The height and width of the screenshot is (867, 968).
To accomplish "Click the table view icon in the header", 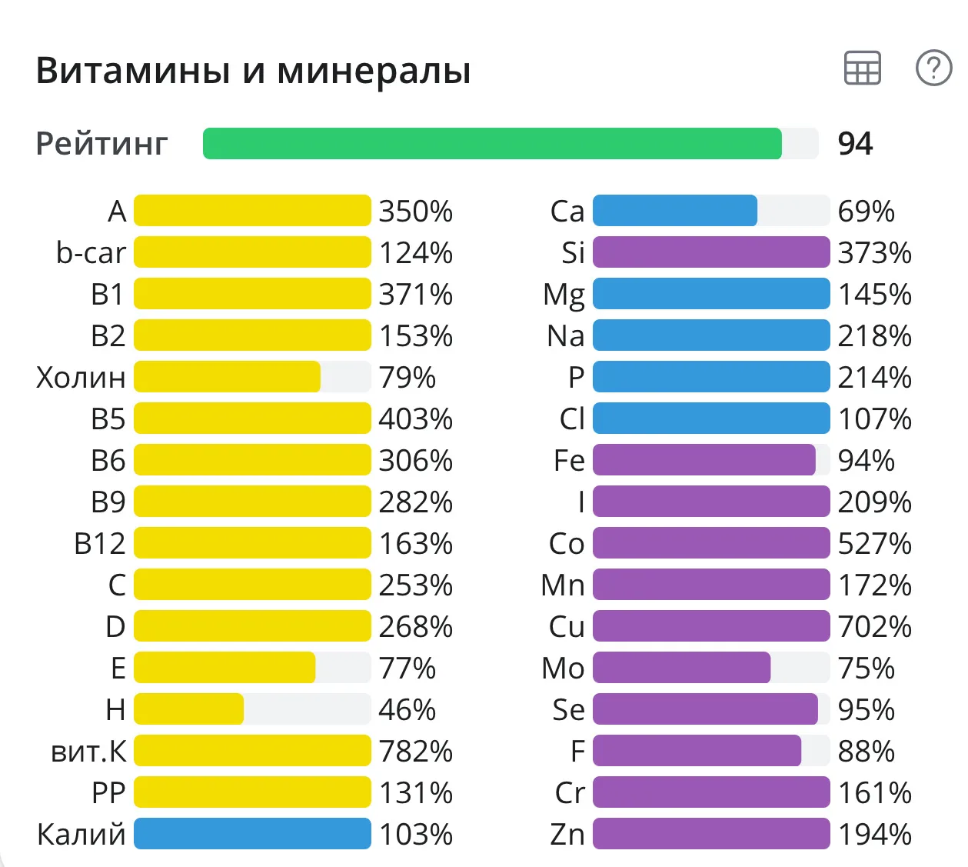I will pyautogui.click(x=862, y=68).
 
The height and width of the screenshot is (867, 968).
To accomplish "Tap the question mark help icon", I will pyautogui.click(x=933, y=68).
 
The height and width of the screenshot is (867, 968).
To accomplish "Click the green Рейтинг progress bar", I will pyautogui.click(x=492, y=144).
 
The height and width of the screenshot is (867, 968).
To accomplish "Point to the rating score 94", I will pyautogui.click(x=855, y=144).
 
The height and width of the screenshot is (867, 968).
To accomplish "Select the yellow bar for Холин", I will pyautogui.click(x=228, y=377).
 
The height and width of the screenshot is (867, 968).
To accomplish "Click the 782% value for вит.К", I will pyautogui.click(x=415, y=752).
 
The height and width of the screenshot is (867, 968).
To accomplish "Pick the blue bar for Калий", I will pyautogui.click(x=252, y=834).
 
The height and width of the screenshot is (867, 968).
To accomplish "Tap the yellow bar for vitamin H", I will pyautogui.click(x=189, y=709).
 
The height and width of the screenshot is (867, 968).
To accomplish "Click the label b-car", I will pyautogui.click(x=91, y=253).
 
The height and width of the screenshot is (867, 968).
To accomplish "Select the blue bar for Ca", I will pyautogui.click(x=675, y=211).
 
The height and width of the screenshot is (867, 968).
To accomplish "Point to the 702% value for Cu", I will pyautogui.click(x=874, y=627).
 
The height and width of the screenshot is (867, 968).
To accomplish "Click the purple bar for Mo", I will pyautogui.click(x=681, y=668).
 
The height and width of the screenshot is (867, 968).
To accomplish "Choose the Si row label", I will pyautogui.click(x=573, y=253).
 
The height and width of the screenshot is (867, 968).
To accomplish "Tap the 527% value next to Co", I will pyautogui.click(x=874, y=544).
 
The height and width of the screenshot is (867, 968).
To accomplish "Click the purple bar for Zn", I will pyautogui.click(x=711, y=834).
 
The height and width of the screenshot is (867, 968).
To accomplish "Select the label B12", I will pyautogui.click(x=99, y=544).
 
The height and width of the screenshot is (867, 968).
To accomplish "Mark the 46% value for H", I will pyautogui.click(x=407, y=709).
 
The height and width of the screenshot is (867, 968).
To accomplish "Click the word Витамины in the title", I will pyautogui.click(x=133, y=71).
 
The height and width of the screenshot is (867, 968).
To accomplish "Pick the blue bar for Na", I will pyautogui.click(x=711, y=335).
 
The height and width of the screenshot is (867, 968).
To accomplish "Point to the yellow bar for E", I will pyautogui.click(x=225, y=668).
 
